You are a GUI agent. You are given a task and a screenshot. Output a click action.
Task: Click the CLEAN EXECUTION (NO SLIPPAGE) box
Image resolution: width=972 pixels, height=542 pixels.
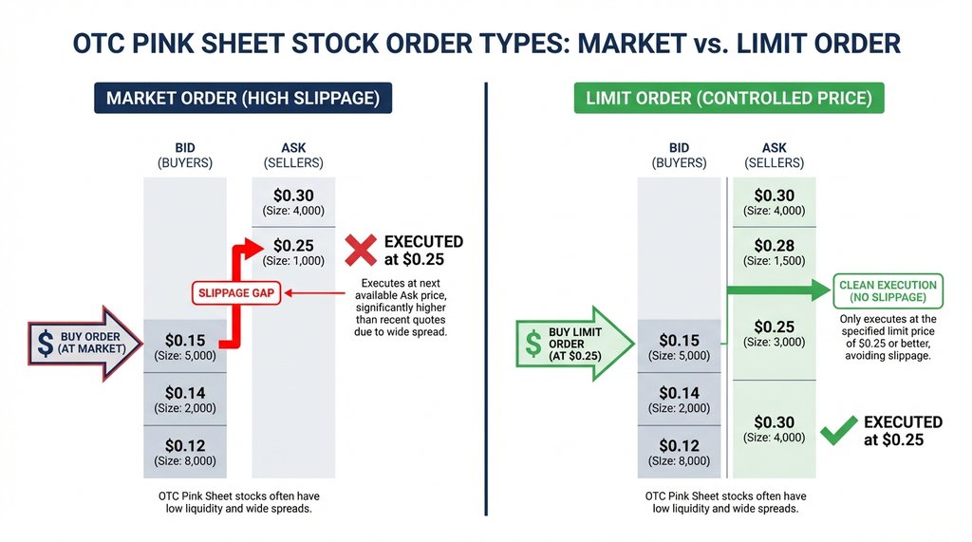(888, 291)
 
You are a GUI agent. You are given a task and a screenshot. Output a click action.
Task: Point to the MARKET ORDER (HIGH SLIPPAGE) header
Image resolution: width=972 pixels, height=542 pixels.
(242, 99)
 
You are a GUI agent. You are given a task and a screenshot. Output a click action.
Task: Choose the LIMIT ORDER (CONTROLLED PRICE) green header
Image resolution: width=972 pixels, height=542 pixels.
(729, 99)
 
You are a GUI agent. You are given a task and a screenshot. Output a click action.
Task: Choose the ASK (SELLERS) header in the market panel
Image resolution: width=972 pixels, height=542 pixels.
(292, 156)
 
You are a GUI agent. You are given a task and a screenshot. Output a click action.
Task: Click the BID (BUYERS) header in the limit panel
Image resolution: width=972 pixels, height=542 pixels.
(679, 156)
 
